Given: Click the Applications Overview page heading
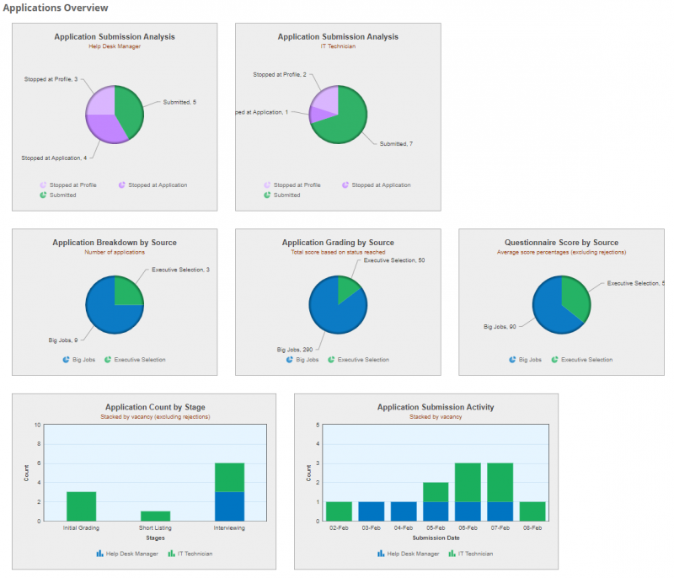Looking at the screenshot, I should (56, 8).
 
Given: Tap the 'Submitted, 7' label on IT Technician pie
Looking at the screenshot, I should (396, 144).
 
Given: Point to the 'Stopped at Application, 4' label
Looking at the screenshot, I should (54, 158).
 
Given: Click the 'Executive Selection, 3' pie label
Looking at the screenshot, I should (180, 270).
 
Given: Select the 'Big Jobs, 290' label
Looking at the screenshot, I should (296, 349).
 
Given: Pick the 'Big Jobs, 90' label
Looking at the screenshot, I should (500, 325).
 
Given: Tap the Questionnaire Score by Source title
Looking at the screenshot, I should (561, 243).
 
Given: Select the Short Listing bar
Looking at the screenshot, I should (155, 516).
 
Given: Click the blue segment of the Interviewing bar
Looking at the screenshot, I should (229, 506).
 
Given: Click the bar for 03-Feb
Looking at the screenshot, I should (372, 511).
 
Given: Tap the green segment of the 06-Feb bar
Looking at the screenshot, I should (468, 481).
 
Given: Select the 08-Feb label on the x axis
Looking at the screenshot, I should (532, 527).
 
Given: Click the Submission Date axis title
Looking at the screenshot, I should (435, 537).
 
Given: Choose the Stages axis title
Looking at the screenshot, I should (155, 537).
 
